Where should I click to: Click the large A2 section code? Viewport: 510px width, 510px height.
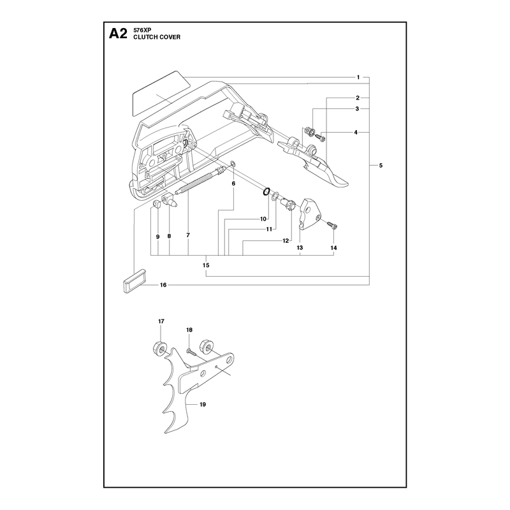(x=118, y=34)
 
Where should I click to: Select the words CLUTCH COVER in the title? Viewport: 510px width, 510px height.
(x=157, y=37)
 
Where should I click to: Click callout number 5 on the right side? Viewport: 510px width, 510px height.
(x=381, y=166)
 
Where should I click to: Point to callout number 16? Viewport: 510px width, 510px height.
(x=163, y=285)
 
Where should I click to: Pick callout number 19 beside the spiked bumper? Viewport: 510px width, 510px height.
(x=203, y=405)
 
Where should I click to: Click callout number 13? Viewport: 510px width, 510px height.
(x=300, y=248)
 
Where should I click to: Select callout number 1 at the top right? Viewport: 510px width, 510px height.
(x=358, y=77)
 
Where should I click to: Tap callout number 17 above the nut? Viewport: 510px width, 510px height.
(x=161, y=321)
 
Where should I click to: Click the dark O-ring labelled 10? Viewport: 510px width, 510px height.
(x=266, y=192)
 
